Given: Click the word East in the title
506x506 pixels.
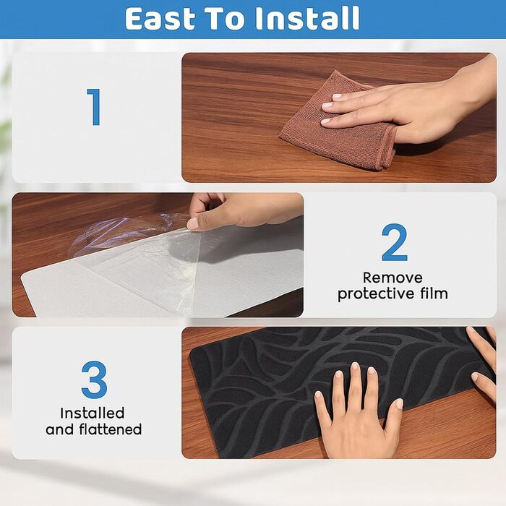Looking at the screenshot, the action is (160, 18).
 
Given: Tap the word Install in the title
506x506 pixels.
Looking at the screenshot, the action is (307, 18).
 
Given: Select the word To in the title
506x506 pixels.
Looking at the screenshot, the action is (226, 18).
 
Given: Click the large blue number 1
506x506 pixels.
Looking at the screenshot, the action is (94, 107).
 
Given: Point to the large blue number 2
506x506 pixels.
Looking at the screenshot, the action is (395, 242).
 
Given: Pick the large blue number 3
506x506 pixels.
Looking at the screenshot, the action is (94, 379).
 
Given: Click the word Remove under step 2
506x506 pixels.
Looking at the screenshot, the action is (393, 278).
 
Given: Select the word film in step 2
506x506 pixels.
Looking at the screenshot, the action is (434, 293).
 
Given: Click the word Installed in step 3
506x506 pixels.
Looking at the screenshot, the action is (93, 413).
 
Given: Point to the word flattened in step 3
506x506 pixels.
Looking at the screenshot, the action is (111, 429).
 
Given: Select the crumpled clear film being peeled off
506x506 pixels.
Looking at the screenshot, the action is (136, 245).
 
